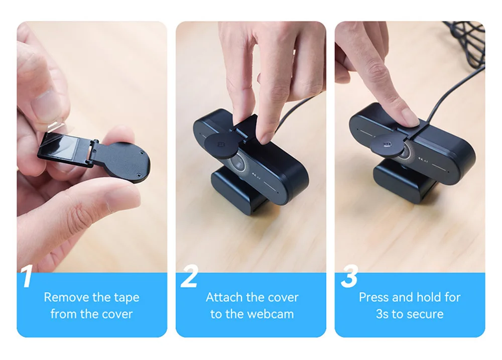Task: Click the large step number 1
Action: coord(27,276)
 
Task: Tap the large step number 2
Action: coord(190,276)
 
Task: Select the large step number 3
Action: coord(349,276)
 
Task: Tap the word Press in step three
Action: coord(373,297)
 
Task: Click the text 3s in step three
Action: coord(382,314)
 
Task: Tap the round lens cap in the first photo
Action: coord(128,162)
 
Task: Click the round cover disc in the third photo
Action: coord(389,146)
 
